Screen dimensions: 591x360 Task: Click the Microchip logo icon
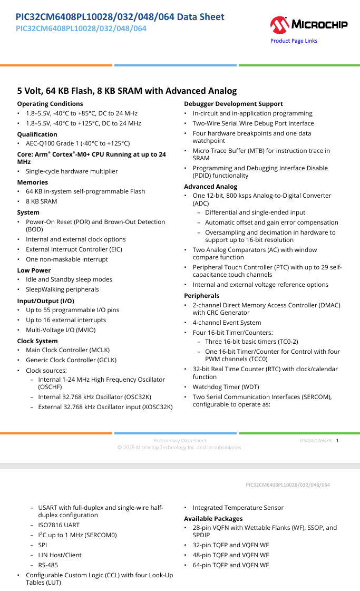[x=279, y=24]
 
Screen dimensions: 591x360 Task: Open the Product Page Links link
[x=294, y=41]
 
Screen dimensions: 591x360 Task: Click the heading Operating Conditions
[x=50, y=104]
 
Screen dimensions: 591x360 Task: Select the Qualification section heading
[x=37, y=134]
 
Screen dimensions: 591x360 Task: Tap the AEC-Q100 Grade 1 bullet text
[x=77, y=143]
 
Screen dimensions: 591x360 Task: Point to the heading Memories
[x=32, y=182]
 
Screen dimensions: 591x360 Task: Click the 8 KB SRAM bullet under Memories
[x=42, y=201]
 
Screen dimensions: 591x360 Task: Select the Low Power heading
[x=34, y=270]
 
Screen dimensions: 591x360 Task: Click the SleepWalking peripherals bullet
[x=62, y=289]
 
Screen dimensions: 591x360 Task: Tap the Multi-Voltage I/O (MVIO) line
[x=61, y=330]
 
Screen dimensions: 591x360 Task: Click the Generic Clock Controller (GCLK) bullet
[x=71, y=360]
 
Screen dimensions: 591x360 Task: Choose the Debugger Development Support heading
[x=233, y=104]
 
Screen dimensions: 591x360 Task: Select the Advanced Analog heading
[x=210, y=187]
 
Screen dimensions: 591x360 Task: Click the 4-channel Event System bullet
[x=227, y=323]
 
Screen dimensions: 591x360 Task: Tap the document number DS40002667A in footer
[x=316, y=441]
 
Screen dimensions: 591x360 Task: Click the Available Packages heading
[x=213, y=519]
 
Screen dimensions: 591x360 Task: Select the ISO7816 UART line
[x=59, y=525]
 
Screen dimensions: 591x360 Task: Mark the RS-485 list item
[x=48, y=565]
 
